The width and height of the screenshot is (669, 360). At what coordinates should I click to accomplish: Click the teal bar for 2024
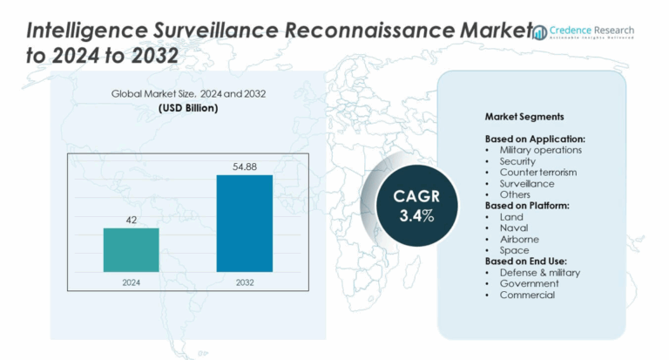tap(131, 249)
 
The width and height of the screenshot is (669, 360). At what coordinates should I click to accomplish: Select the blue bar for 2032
tap(244, 222)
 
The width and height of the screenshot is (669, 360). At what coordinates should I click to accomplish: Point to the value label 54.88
tap(244, 166)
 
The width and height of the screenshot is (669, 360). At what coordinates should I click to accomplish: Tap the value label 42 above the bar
tap(131, 221)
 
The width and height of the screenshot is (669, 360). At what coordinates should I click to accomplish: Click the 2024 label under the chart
tap(131, 282)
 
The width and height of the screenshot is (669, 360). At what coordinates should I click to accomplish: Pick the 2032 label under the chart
tap(244, 282)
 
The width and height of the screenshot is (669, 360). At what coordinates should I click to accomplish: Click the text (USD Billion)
tap(188, 108)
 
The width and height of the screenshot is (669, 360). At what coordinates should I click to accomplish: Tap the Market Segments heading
tap(524, 117)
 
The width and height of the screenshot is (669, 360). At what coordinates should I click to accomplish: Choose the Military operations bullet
tap(540, 150)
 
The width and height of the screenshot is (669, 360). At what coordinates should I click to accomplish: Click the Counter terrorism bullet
tap(537, 173)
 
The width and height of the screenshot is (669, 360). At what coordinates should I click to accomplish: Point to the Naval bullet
tap(514, 228)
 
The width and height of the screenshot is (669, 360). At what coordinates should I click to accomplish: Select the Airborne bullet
tap(519, 239)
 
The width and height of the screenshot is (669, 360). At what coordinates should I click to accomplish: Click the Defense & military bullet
tap(539, 273)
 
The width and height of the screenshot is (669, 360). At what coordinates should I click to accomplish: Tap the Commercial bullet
tap(527, 295)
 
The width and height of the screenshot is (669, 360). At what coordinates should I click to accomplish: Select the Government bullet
tap(529, 283)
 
